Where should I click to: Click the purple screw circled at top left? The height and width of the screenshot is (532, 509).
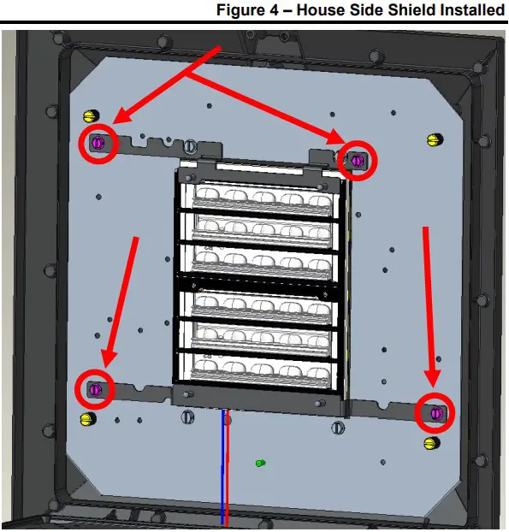[x=98, y=143]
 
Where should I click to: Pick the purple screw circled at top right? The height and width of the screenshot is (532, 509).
[x=357, y=160]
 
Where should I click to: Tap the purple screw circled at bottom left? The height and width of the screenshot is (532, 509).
[x=95, y=389]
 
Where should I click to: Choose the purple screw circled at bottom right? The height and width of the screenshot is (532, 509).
[x=436, y=413]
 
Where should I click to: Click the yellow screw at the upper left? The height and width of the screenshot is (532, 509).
[x=91, y=116]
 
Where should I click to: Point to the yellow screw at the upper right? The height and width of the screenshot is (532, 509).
[x=435, y=139]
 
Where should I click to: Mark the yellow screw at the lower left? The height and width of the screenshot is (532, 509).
[x=88, y=419]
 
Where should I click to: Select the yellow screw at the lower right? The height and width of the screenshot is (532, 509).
[x=432, y=442]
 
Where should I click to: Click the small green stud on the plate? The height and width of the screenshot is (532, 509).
[x=260, y=463]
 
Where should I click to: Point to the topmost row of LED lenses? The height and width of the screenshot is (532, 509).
[x=262, y=198]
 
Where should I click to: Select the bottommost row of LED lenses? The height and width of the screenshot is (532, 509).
[x=261, y=371]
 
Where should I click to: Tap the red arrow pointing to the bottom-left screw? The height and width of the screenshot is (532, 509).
[x=120, y=302]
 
